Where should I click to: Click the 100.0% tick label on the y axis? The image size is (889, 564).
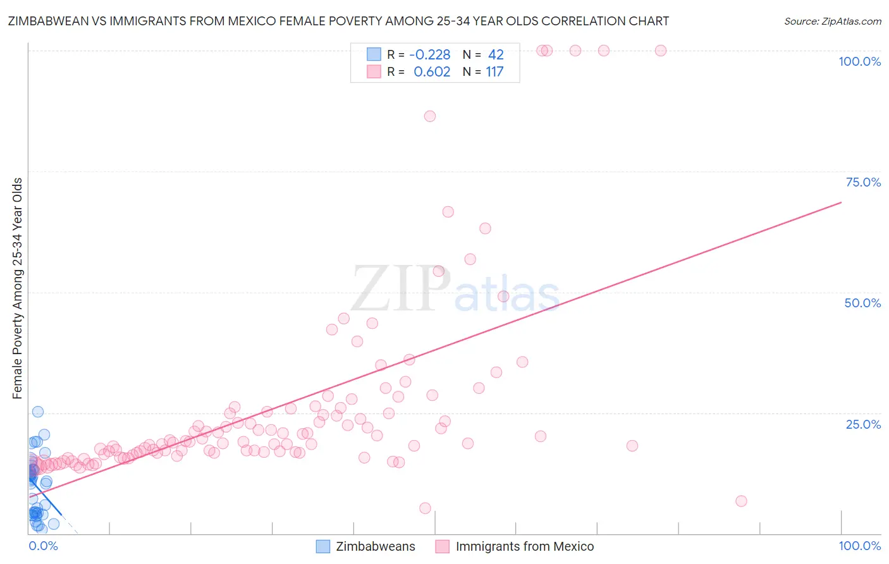coord(859,61)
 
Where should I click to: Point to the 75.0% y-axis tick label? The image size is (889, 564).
coord(863,182)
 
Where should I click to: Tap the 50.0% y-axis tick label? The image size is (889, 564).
coord(862,303)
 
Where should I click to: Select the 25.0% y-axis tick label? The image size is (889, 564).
coord(863,424)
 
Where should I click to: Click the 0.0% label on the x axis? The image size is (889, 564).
coord(43,546)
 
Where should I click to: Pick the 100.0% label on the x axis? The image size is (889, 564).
coord(859,546)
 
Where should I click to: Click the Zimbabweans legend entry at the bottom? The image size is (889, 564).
coord(375,546)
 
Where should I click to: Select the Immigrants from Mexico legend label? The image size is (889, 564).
coord(524,546)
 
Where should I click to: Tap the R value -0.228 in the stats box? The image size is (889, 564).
coord(429,55)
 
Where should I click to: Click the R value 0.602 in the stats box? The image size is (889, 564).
coord(432,72)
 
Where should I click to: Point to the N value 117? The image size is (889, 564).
coord(494,72)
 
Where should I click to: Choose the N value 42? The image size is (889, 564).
coord(496,55)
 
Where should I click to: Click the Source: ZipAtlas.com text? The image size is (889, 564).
coord(832,21)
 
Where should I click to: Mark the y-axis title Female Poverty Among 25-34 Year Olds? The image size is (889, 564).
coord(18,288)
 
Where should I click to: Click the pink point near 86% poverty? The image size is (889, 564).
coord(430,116)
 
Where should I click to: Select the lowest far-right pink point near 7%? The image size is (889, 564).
coord(741,501)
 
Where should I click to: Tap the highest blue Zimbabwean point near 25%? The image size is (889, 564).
coord(38,412)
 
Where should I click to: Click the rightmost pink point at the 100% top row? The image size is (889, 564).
coord(661,51)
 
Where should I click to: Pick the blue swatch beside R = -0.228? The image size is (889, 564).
coord(374,54)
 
